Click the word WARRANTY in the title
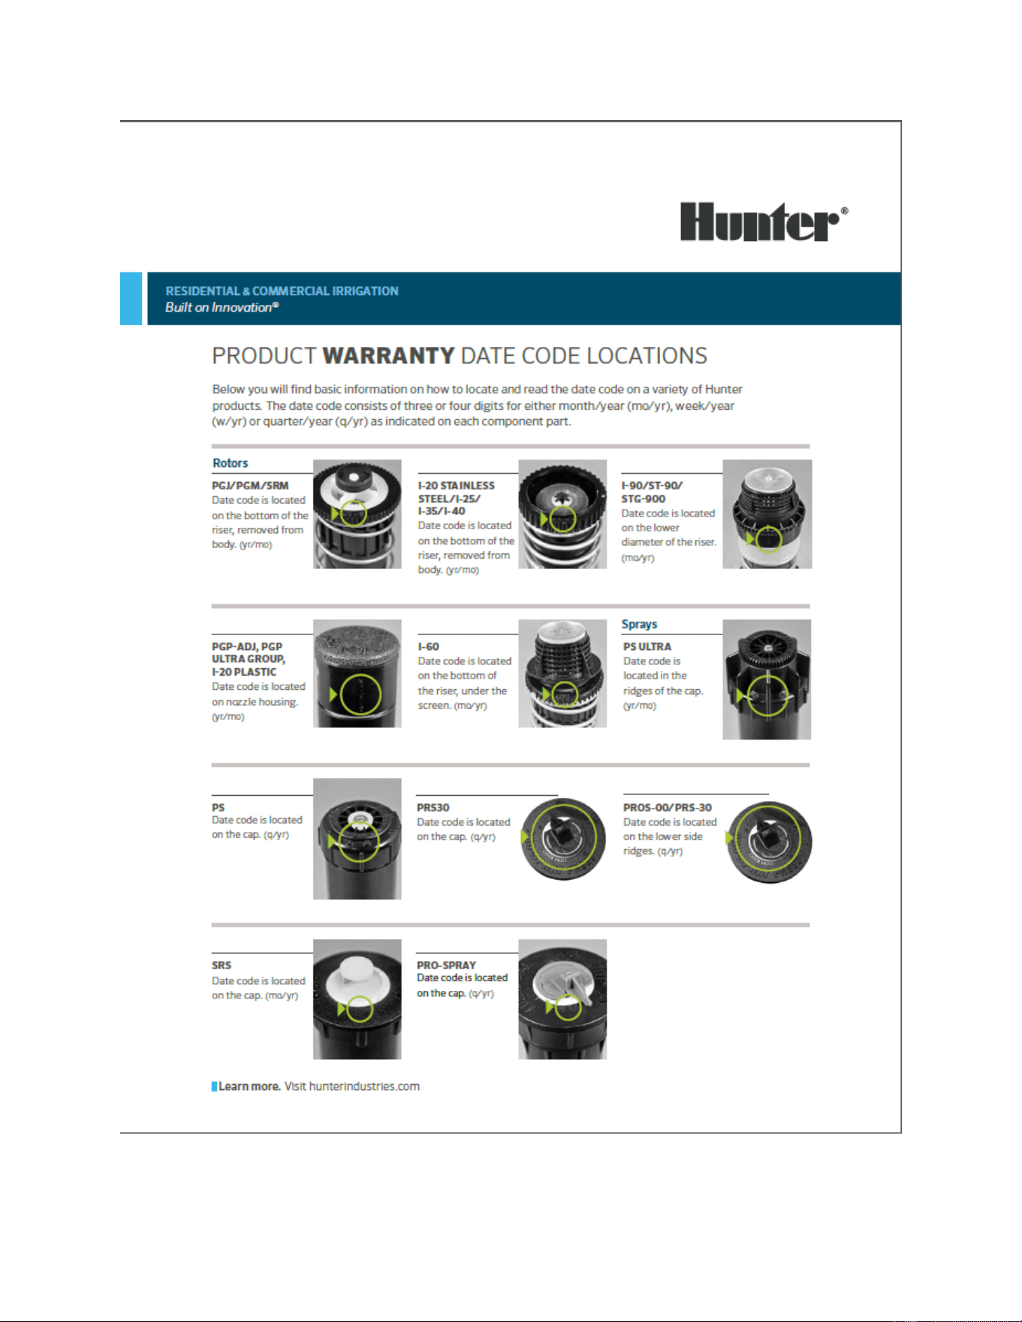[x=388, y=356]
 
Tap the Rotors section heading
[x=230, y=463]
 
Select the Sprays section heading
[x=639, y=624]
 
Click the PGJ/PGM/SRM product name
[x=250, y=486]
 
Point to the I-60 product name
[x=429, y=646]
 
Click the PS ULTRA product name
[x=647, y=646]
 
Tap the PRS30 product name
[x=433, y=808]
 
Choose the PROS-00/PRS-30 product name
[x=668, y=808]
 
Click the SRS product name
[x=222, y=965]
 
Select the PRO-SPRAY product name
[x=447, y=965]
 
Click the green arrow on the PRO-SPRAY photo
[x=550, y=1007]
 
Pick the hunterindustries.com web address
[x=364, y=1086]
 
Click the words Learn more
[x=249, y=1086]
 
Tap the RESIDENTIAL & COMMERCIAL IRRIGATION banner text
[x=282, y=291]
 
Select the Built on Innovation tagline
[x=222, y=308]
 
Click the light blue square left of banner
[x=131, y=299]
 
